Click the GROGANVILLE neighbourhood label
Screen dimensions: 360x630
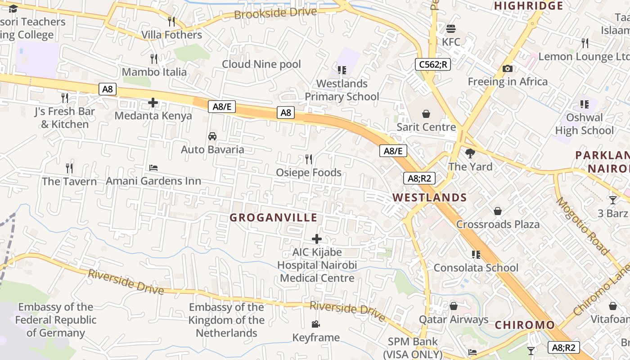(274, 218)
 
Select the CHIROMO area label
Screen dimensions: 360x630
(525, 325)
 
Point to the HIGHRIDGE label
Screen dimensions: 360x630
(528, 6)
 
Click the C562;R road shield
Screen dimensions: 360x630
(432, 64)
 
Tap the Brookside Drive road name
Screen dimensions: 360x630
(275, 13)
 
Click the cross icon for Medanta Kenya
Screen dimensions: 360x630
(153, 103)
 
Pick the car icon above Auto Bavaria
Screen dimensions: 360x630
(212, 136)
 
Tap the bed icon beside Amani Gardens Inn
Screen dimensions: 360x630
(153, 168)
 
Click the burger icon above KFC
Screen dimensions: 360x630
(451, 29)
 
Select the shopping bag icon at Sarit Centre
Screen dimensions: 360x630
(426, 114)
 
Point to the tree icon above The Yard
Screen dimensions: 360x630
(470, 153)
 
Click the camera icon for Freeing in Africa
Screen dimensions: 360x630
(508, 68)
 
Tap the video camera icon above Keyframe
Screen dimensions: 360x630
(316, 324)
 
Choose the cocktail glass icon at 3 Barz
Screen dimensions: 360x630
(613, 200)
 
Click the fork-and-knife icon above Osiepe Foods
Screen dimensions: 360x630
(309, 159)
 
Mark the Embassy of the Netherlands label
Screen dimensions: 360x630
(226, 320)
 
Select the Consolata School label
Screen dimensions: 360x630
(476, 268)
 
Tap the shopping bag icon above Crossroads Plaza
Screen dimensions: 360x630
(498, 211)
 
